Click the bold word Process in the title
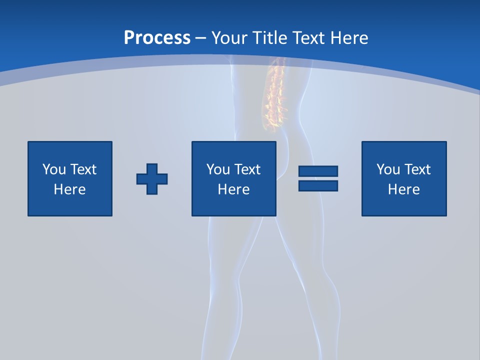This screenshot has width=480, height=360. coord(157,38)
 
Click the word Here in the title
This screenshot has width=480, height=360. coord(351,38)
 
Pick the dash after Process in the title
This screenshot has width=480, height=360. coord(201,38)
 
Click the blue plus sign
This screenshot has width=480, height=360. coord(152,179)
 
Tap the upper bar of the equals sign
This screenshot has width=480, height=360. coord(318,171)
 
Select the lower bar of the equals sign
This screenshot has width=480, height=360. coord(318,185)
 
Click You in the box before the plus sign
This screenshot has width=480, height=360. coord(54,169)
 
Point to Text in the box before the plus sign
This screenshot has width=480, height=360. coord(82,169)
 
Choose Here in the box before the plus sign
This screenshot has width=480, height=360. coord(69,189)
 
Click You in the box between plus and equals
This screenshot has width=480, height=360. coord(218,169)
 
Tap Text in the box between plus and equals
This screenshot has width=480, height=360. coord(246,169)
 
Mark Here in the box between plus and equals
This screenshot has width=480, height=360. coord(233,189)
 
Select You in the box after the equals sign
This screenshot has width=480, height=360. coord(388,169)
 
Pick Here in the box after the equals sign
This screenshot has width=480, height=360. coord(403,189)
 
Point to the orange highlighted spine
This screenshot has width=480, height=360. coord(274,95)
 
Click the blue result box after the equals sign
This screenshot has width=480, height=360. coord(404,205)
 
